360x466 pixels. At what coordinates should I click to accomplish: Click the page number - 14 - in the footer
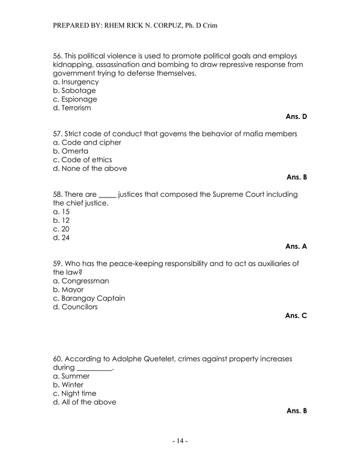179,441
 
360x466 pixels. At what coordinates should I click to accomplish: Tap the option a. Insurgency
76,82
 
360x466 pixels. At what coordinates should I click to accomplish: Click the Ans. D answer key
296,117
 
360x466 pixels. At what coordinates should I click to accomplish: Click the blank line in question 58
107,195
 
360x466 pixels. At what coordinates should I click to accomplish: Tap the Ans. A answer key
296,247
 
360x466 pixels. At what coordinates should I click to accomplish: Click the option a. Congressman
81,280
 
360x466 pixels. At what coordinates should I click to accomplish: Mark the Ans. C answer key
296,315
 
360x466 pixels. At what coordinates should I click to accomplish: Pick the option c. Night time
74,393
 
